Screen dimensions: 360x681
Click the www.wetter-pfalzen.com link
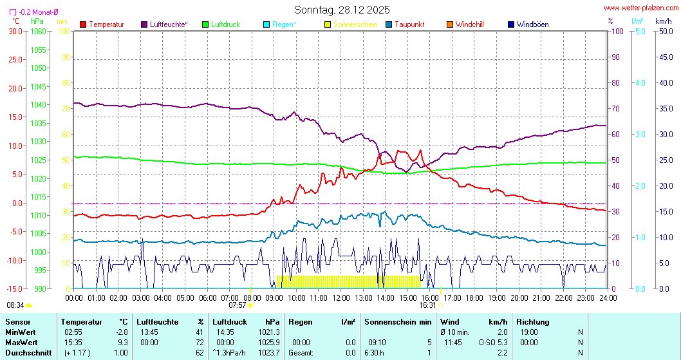tap(640, 9)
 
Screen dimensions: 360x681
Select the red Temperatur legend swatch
tap(83, 24)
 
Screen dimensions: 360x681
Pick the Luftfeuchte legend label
tap(169, 24)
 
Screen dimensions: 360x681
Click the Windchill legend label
tap(469, 24)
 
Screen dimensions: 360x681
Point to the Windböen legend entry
tap(532, 24)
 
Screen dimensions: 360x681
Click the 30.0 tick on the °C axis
tap(15, 31)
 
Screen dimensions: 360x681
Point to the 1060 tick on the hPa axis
tap(38, 31)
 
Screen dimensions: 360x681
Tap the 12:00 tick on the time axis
tap(341, 298)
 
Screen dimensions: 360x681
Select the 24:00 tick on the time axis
tap(608, 298)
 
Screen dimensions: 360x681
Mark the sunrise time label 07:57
tap(238, 305)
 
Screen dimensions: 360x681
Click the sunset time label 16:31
tap(428, 305)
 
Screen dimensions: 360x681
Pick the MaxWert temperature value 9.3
tap(123, 342)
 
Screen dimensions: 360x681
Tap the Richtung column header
tap(532, 321)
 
